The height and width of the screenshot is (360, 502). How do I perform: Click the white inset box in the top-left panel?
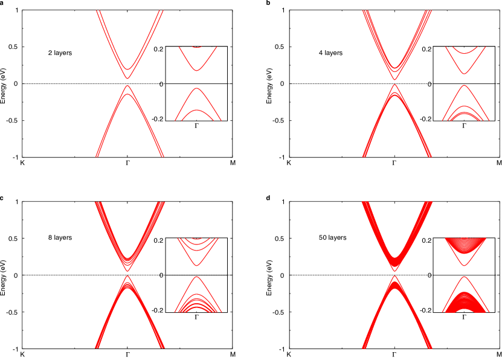point(196,83)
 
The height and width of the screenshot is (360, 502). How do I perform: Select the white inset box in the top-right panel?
point(464,83)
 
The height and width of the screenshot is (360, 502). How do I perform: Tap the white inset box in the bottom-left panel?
point(196,275)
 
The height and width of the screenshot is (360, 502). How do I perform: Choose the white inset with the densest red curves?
point(464,275)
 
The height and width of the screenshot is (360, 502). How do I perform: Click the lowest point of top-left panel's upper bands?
point(127,79)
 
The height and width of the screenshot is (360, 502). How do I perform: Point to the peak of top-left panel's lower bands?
point(127,86)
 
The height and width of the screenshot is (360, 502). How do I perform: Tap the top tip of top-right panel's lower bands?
point(396,85)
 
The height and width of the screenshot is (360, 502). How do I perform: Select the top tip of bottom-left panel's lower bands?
point(127,276)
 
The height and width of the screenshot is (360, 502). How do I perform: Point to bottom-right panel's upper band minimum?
point(396,269)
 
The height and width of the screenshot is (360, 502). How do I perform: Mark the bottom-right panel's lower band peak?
point(396,277)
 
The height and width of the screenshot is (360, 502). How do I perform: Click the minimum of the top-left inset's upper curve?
point(196,71)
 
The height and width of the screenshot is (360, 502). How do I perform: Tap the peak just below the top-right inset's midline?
point(464,86)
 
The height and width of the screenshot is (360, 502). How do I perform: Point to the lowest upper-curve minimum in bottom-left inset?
point(196,265)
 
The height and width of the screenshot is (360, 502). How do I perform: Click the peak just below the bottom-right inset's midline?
point(464,277)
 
